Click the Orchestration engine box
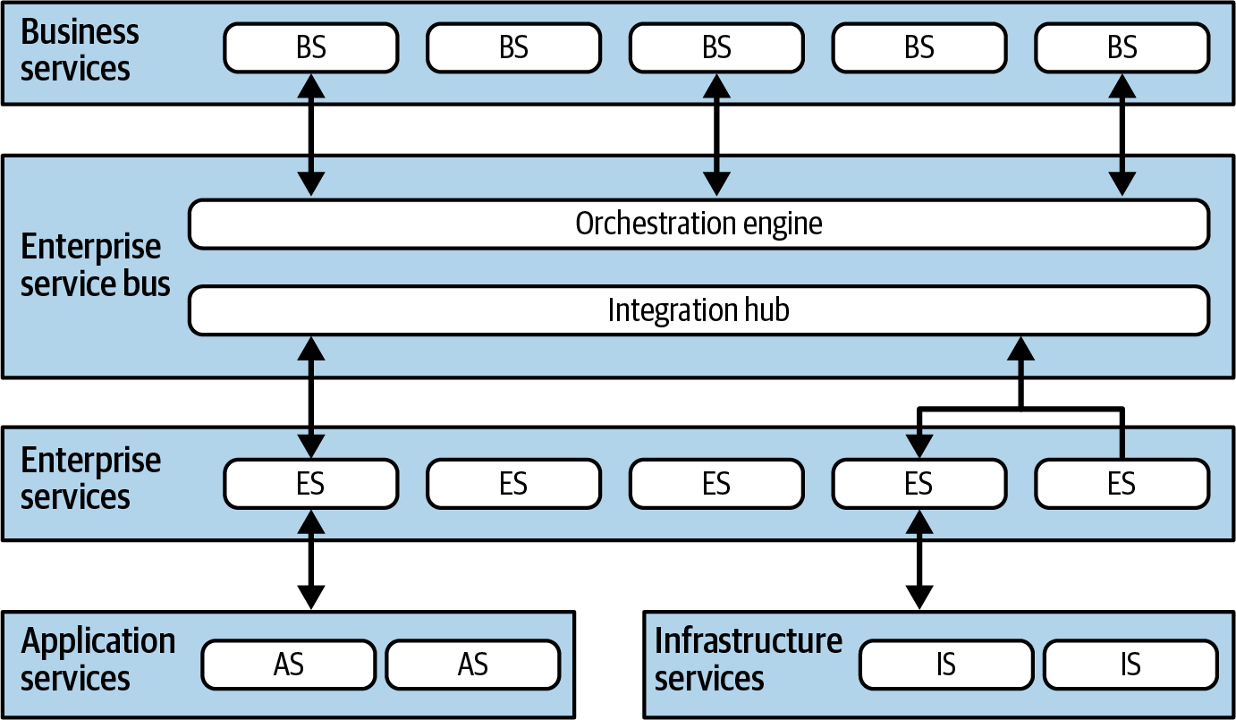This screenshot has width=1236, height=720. coord(699,224)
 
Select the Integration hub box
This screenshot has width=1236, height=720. coord(699,310)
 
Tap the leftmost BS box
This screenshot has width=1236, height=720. coord(311,47)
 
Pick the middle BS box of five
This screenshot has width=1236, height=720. coord(716,47)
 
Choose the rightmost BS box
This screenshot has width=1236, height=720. coord(1122,47)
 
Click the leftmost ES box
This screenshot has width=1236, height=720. coord(311,484)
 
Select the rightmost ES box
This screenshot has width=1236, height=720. coord(1122,484)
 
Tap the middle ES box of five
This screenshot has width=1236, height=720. coord(716,484)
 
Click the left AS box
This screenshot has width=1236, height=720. coord(289,665)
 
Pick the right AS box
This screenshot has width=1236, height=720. coord(473,665)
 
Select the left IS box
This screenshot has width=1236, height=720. coord(946,665)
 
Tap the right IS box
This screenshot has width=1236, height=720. coord(1130,665)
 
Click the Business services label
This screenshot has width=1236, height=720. coord(80,50)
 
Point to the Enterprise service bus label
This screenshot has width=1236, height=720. coord(95,265)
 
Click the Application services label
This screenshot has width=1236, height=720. coord(97,659)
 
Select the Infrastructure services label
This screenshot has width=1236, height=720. coord(749,659)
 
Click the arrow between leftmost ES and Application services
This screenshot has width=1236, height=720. coord(311,559)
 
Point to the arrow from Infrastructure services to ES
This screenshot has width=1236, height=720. coord(919,559)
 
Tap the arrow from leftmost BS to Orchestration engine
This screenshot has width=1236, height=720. coord(311,135)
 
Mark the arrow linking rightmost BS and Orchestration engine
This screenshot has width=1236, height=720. coord(1122,135)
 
